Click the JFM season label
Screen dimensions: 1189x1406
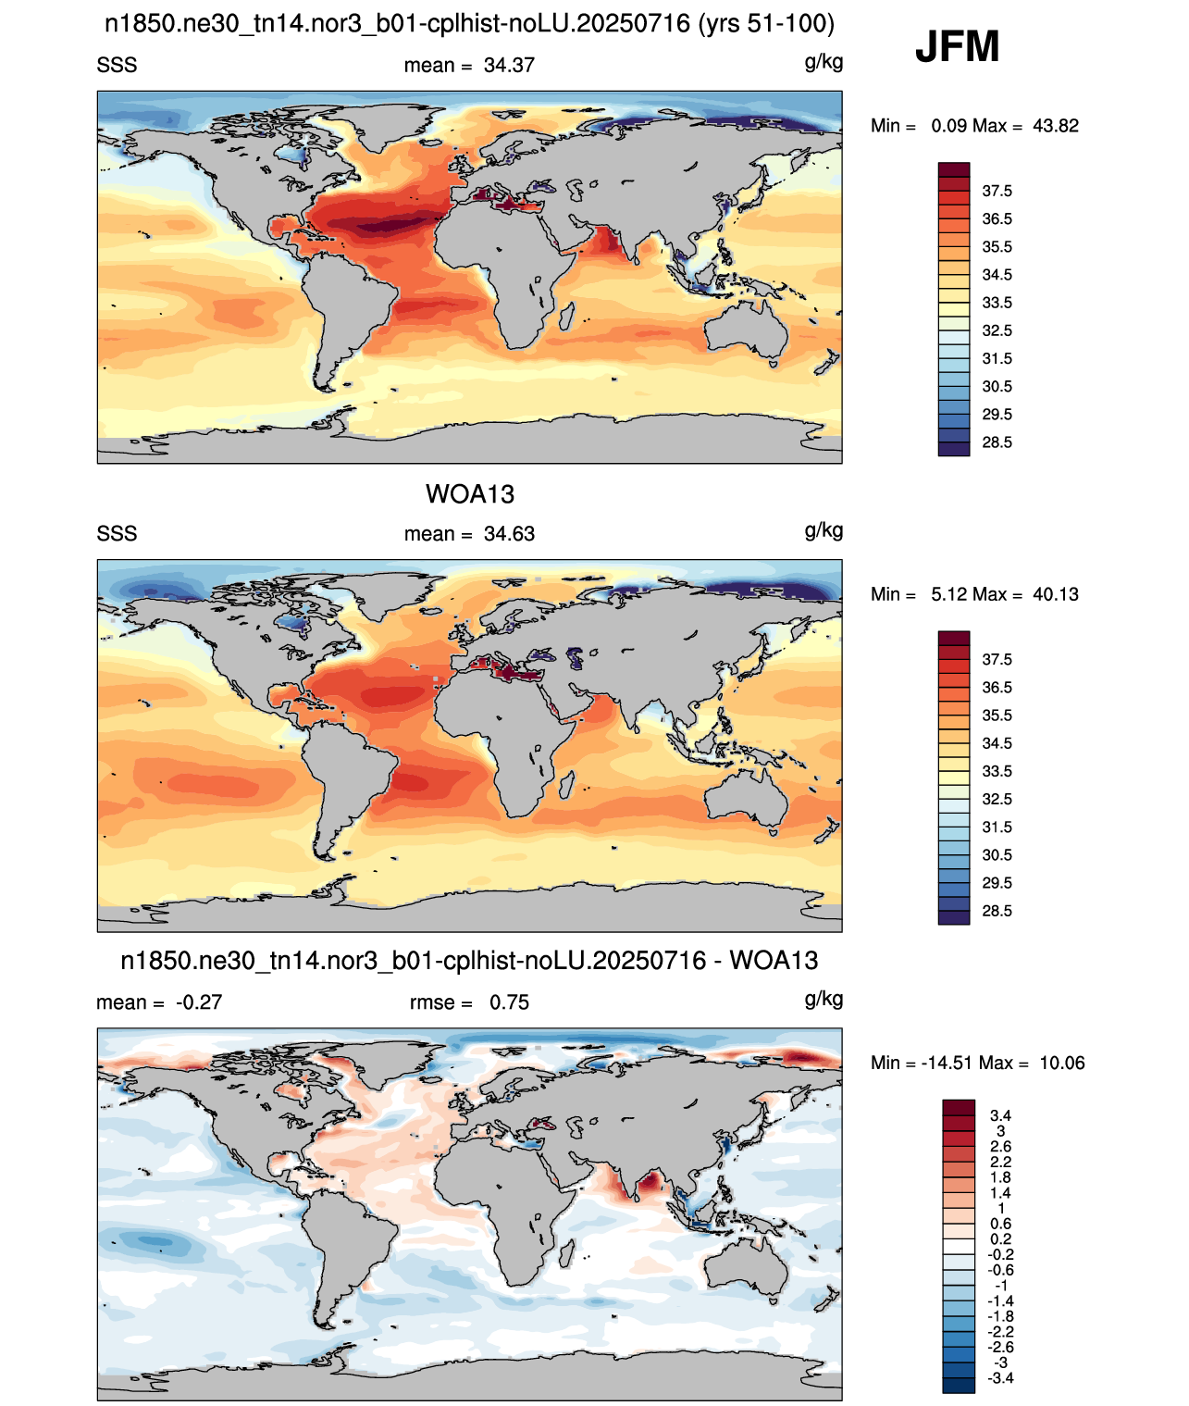click(x=957, y=46)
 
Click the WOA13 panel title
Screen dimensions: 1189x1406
click(x=470, y=494)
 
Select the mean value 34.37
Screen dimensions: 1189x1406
click(x=509, y=66)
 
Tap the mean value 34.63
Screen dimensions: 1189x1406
click(x=509, y=534)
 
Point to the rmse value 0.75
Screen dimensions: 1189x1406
click(x=509, y=1002)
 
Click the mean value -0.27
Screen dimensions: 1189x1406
click(x=199, y=1002)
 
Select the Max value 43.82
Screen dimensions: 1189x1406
click(x=1055, y=126)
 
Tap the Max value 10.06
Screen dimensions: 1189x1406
click(x=1062, y=1064)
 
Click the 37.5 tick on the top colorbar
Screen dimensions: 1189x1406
click(x=997, y=192)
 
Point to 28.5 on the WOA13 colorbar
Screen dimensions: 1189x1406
click(x=997, y=911)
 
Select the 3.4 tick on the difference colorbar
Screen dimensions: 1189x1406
click(x=1000, y=1115)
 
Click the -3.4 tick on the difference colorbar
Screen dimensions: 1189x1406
click(x=1000, y=1378)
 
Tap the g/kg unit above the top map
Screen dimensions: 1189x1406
click(x=824, y=63)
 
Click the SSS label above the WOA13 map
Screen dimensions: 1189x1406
click(x=117, y=534)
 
